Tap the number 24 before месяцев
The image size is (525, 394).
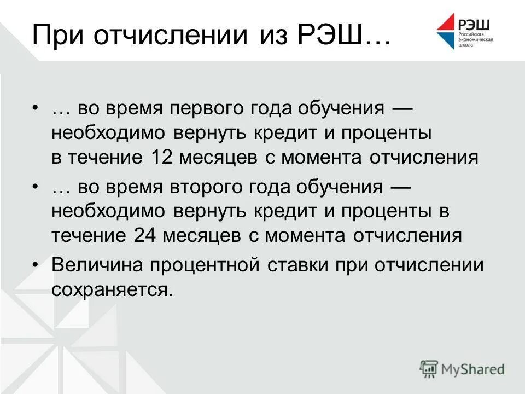pyautogui.click(x=144, y=236)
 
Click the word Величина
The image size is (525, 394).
pyautogui.click(x=97, y=265)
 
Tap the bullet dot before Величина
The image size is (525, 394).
pyautogui.click(x=36, y=265)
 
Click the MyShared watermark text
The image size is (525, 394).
pyautogui.click(x=473, y=369)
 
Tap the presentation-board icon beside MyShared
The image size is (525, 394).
pyautogui.click(x=429, y=369)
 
